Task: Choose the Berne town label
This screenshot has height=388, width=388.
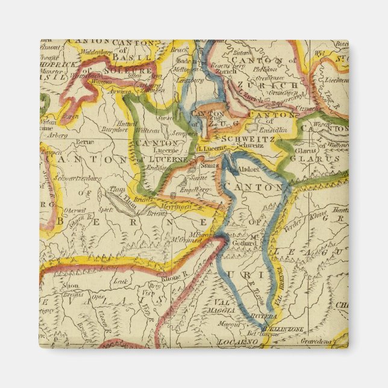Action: coord(86,142)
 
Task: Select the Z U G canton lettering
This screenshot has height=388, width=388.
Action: coord(228,125)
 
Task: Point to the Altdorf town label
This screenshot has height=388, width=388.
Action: coord(248,170)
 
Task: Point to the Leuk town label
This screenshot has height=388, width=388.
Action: coord(121,281)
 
